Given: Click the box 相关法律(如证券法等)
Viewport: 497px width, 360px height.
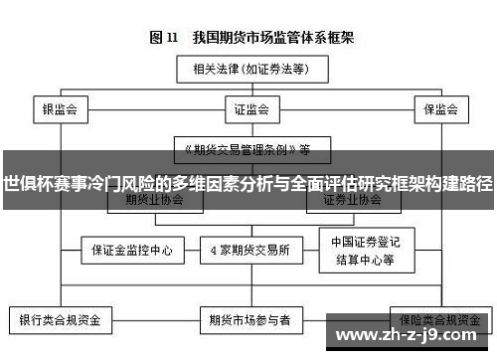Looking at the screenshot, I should coord(248,70).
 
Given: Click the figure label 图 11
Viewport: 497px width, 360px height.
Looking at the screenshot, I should coord(163,38).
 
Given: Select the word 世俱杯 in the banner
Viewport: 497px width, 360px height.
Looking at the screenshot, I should coord(26,184).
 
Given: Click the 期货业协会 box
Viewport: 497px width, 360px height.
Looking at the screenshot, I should coord(154,200).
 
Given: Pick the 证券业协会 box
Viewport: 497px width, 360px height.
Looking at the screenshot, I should coord(352,200).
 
